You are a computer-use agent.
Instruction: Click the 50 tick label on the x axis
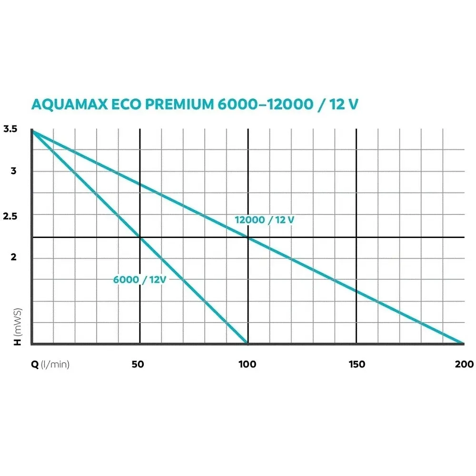pos(138,365)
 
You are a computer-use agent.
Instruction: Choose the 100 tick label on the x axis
pos(247,365)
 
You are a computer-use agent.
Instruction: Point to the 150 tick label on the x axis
pos(357,365)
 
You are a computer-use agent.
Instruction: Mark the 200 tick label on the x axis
pos(464,365)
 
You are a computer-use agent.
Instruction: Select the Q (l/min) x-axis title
pos(50,365)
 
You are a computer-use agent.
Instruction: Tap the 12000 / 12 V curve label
pos(265,220)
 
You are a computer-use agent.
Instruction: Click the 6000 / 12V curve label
pos(139,280)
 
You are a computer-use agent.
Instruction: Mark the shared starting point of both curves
pos(32,130)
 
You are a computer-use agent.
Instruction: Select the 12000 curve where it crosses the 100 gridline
pos(248,237)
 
